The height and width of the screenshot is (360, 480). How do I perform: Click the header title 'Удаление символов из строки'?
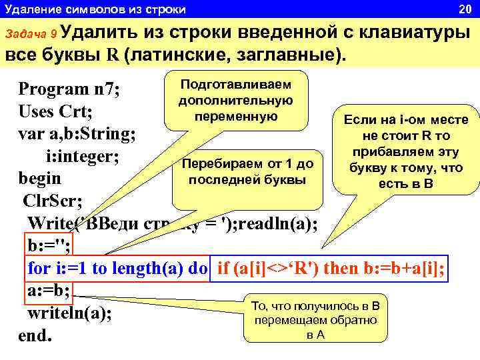pos(95,9)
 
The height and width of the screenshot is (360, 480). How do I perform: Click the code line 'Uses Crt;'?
pos(55,111)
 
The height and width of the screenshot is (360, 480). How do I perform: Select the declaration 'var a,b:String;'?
pos(78,133)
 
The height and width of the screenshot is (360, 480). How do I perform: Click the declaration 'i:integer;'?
pos(82,157)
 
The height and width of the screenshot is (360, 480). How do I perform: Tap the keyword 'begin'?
pos(40,179)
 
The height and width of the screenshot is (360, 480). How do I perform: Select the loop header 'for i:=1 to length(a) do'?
pos(117,268)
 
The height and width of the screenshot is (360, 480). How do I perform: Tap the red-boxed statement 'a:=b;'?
pos(49,291)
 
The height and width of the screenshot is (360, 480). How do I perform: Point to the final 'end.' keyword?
pos(35,335)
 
